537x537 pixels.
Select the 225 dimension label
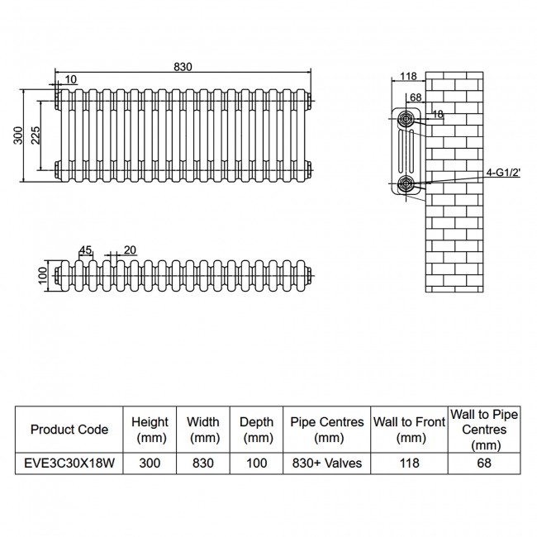click(36, 135)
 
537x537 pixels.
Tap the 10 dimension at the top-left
click(71, 79)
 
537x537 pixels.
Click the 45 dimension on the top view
click(85, 249)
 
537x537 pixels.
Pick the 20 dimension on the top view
click(130, 249)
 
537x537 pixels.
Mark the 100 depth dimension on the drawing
click(44, 274)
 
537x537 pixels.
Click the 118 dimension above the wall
click(408, 77)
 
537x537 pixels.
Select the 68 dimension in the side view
click(415, 97)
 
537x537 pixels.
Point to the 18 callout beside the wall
click(438, 115)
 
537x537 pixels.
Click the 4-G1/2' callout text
click(503, 173)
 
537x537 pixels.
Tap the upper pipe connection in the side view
click(406, 120)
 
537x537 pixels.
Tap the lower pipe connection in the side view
click(406, 183)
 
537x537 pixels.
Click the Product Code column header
click(69, 430)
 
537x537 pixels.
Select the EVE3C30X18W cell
click(69, 463)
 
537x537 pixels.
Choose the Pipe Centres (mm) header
click(327, 430)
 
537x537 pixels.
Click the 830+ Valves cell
click(327, 463)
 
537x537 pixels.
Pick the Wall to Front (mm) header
click(409, 430)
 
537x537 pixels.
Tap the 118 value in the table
click(409, 463)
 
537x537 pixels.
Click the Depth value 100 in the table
click(256, 463)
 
